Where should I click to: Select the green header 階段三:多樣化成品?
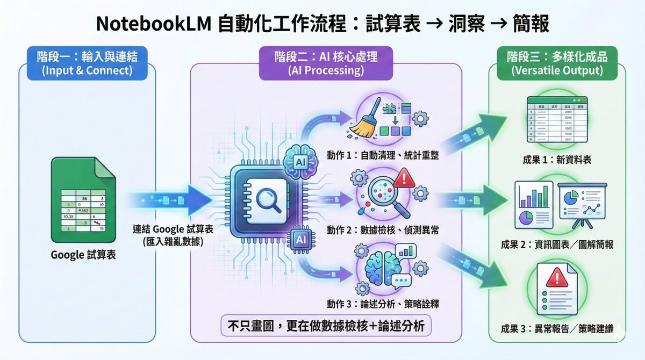[557, 61]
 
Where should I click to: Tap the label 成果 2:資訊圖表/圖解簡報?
[557, 245]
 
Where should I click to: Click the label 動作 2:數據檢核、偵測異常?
[383, 231]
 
